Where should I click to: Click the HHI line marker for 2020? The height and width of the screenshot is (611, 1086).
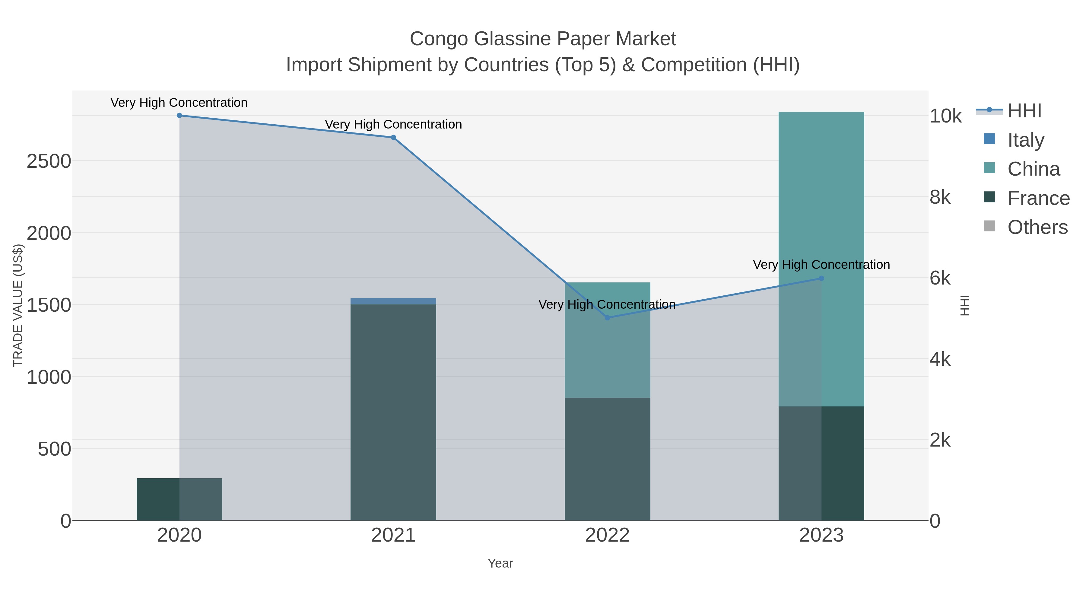tap(179, 116)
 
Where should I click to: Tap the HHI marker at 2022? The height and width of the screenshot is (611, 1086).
tap(607, 317)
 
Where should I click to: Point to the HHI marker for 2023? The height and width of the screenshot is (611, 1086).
tap(821, 278)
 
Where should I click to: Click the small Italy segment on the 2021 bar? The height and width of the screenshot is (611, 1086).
tap(393, 301)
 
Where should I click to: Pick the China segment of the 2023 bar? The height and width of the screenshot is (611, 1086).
tap(821, 211)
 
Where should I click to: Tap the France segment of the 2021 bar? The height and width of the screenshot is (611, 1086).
tap(393, 413)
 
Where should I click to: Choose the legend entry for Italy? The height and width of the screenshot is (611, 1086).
tap(1025, 140)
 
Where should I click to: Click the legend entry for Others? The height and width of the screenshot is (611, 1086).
tap(1037, 227)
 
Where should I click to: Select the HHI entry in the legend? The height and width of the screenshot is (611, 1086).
tap(1024, 111)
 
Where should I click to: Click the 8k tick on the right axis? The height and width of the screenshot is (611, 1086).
tap(940, 197)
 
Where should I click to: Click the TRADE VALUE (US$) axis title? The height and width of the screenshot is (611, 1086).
tap(18, 305)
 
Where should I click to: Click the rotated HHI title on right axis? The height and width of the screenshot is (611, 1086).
tap(965, 305)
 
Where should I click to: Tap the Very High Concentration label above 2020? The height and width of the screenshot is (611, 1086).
tap(179, 103)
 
